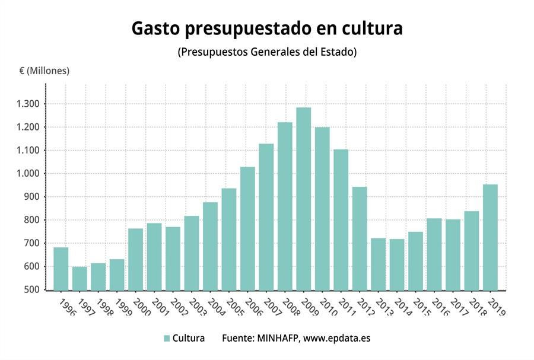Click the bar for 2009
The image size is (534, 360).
coord(303,199)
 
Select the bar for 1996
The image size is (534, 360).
coord(61,269)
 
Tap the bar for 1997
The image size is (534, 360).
coord(80,279)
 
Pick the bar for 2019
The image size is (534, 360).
coord(490,237)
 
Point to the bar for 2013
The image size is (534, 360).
coord(378,264)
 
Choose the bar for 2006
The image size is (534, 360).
coord(247,228)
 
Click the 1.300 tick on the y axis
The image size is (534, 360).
coord(29,104)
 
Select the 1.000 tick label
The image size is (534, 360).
coord(29,174)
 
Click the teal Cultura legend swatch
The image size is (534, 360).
coord(167,338)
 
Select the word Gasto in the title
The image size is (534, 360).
coord(155,28)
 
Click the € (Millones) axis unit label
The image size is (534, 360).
coord(44,71)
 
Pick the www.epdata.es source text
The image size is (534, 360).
coord(336,338)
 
